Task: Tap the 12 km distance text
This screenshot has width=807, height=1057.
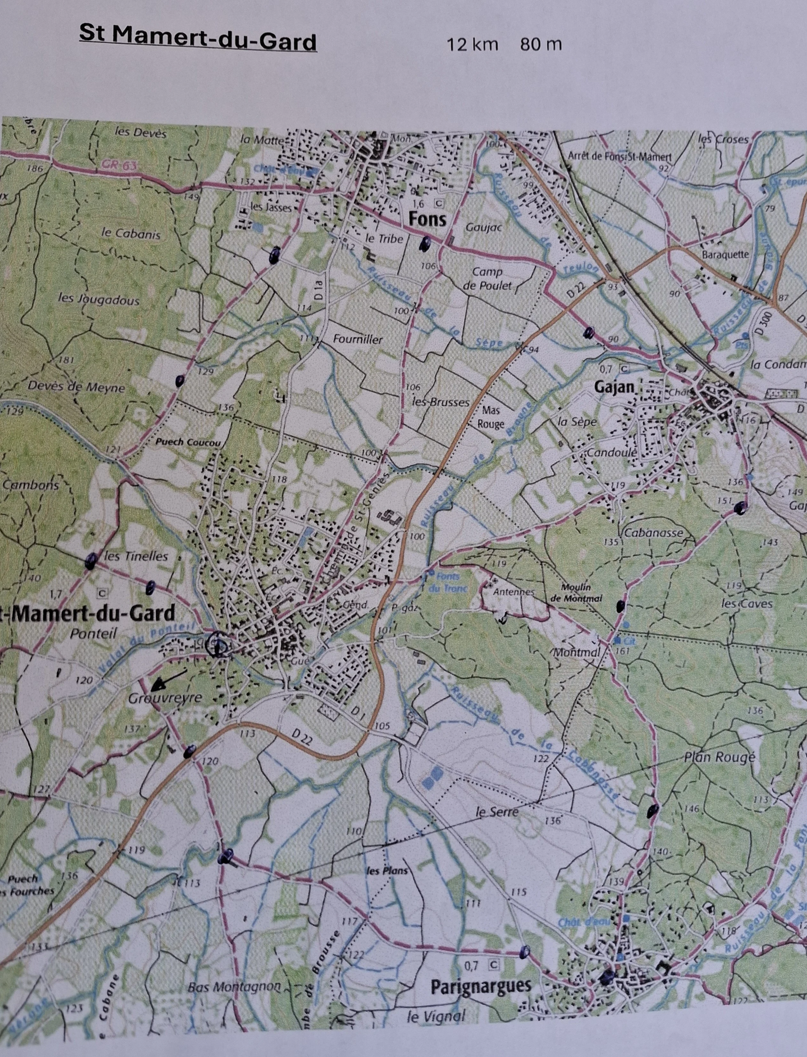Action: tap(472, 45)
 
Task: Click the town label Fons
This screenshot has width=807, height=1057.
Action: tap(427, 220)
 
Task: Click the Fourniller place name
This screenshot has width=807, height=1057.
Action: tap(358, 340)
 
